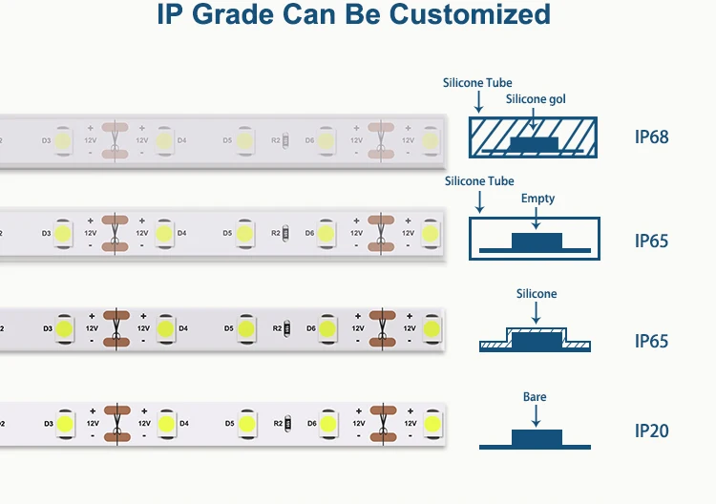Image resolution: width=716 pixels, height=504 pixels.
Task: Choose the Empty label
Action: (x=537, y=199)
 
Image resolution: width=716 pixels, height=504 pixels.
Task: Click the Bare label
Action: (x=535, y=397)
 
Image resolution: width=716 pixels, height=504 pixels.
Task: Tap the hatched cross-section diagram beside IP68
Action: (x=537, y=138)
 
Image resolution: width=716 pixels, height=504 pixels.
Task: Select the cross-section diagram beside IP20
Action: (x=537, y=439)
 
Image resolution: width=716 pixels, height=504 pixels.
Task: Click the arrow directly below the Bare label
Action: (x=536, y=415)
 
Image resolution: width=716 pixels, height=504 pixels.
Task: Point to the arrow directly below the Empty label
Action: (x=537, y=218)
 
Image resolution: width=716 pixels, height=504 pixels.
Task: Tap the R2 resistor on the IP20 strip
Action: (x=287, y=423)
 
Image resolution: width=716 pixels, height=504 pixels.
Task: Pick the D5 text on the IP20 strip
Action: (x=228, y=423)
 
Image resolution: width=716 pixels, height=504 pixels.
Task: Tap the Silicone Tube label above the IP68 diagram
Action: (x=477, y=83)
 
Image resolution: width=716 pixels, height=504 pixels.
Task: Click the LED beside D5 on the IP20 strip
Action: (x=246, y=423)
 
